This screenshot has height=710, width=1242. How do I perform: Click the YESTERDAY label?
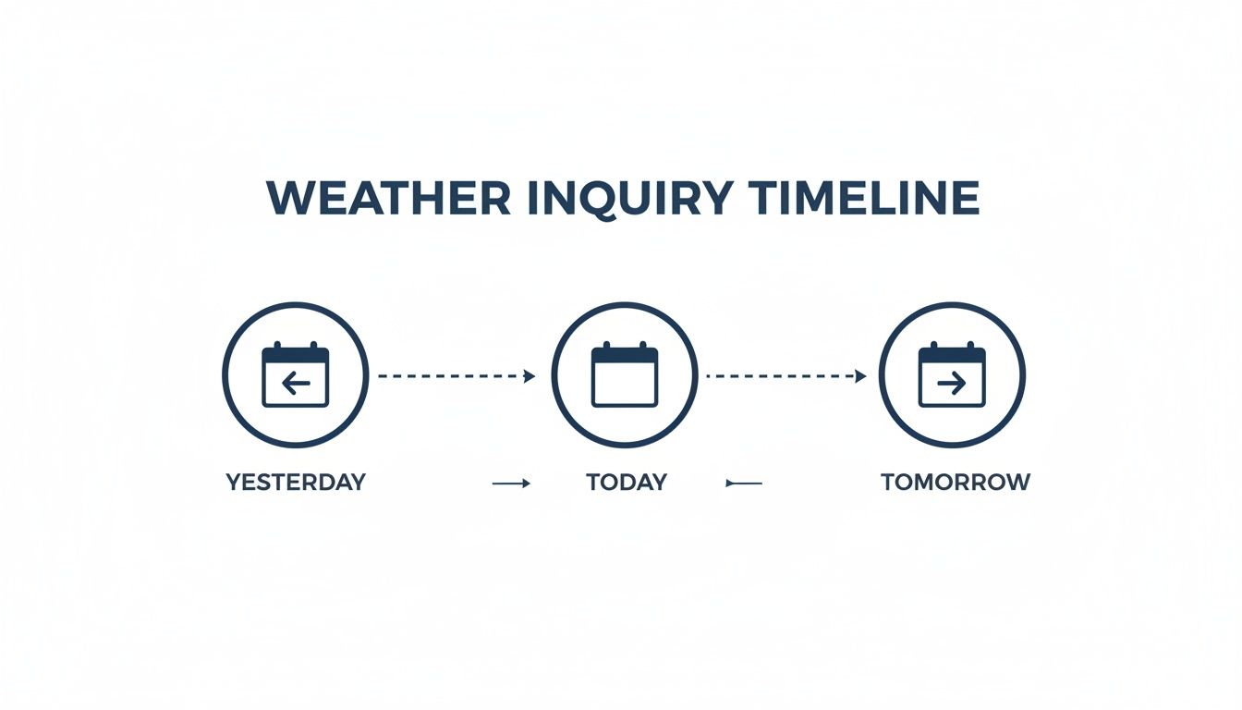(296, 482)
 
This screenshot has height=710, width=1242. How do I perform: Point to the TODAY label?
(627, 482)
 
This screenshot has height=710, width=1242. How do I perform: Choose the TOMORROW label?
(955, 482)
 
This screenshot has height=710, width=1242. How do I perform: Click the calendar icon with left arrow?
(296, 375)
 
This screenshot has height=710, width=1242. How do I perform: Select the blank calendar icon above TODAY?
(625, 375)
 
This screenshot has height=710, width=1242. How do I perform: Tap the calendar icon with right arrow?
(952, 375)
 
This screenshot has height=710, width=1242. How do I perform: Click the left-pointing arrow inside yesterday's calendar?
(296, 383)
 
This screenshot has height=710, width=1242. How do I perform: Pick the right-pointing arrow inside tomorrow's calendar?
(952, 383)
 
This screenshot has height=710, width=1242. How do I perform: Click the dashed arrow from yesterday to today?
(456, 376)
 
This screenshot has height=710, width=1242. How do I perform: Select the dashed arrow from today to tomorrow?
(785, 376)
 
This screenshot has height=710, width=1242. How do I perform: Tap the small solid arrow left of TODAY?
(511, 483)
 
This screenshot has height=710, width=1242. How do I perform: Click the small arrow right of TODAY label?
(744, 483)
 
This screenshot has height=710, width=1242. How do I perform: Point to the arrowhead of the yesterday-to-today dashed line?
(530, 376)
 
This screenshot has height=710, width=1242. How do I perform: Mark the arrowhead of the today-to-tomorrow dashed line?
(860, 376)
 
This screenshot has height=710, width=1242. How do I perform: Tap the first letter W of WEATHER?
(288, 198)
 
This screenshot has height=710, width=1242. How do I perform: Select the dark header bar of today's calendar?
(625, 355)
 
